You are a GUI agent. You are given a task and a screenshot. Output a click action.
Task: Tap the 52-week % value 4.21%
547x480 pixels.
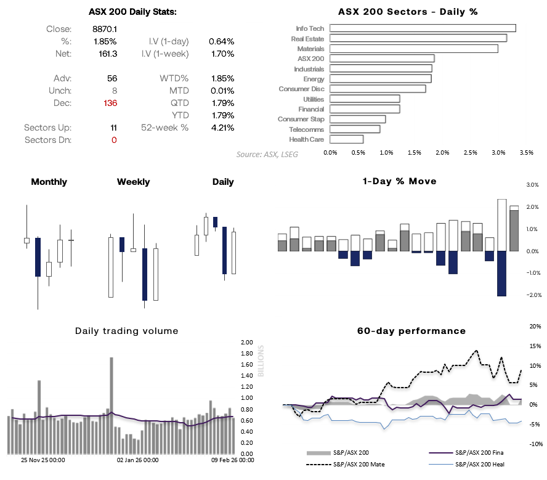pyautogui.click(x=221, y=128)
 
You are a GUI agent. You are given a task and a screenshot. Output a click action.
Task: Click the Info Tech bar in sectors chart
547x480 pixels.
pyautogui.click(x=423, y=28)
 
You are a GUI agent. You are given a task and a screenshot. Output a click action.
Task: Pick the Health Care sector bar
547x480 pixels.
pyautogui.click(x=346, y=139)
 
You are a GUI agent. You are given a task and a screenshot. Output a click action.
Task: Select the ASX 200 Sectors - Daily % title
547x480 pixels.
pyautogui.click(x=408, y=12)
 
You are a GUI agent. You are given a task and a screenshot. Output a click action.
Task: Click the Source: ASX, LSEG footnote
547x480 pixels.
pyautogui.click(x=267, y=154)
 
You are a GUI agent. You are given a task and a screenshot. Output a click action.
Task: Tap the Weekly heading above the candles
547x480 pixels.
pyautogui.click(x=133, y=182)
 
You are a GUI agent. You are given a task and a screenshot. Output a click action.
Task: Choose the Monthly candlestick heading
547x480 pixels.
pyautogui.click(x=49, y=182)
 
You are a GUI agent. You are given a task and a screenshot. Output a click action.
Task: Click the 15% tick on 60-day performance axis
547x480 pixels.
pyautogui.click(x=535, y=346)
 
